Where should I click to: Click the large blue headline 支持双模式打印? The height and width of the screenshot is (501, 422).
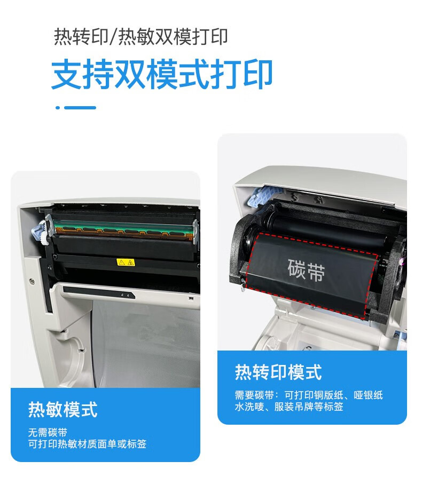point(161,74)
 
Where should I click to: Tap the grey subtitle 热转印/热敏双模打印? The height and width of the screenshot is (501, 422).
point(141,37)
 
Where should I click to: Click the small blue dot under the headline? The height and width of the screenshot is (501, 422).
point(58,108)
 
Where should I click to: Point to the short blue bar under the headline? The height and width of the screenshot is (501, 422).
point(80,108)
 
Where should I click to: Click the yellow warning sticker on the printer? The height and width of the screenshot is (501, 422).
point(126,263)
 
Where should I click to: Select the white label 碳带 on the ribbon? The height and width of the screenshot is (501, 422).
point(306,270)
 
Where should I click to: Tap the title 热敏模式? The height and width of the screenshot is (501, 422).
point(62,409)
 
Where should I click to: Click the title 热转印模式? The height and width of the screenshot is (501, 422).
point(278,372)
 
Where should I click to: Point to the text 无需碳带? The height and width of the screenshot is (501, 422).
point(48,432)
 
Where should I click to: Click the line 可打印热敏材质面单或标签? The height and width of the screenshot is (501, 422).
point(88,444)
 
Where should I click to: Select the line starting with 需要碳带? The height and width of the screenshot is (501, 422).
point(309,395)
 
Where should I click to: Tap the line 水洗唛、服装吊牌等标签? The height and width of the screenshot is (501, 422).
point(289,407)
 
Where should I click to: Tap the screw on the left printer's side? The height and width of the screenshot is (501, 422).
point(32,282)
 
